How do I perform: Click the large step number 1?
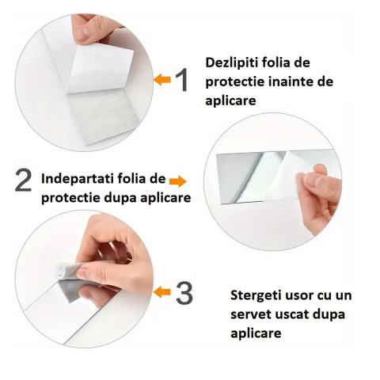click(182, 80)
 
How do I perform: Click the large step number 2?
click(23, 180)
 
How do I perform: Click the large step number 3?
click(184, 293)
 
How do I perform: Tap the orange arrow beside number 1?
click(162, 79)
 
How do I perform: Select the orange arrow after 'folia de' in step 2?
click(178, 181)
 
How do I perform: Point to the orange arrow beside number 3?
click(162, 292)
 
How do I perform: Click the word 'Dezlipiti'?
click(231, 63)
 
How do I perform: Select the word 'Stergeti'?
click(255, 296)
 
